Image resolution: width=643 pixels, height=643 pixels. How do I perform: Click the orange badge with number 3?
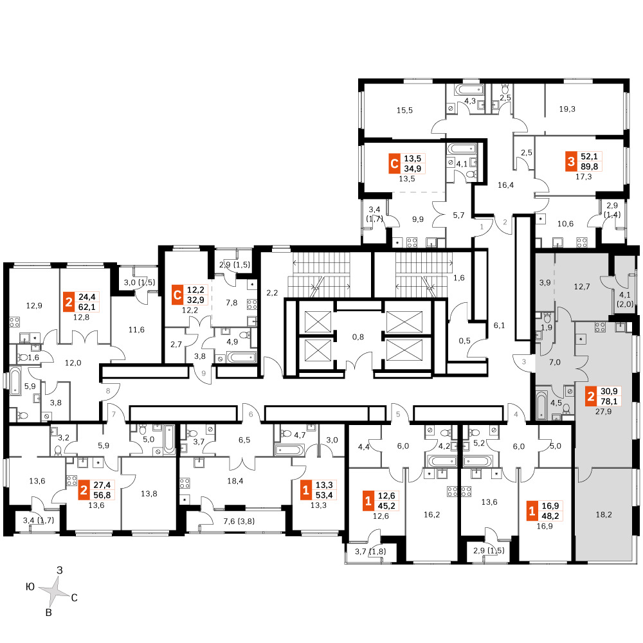571,161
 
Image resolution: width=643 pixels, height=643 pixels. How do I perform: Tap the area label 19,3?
567,109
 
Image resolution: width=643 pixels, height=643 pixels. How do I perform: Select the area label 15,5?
404,111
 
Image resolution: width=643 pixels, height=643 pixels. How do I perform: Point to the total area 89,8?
589,167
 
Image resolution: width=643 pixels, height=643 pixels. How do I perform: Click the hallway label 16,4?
505,185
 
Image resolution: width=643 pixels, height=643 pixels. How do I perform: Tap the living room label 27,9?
603,412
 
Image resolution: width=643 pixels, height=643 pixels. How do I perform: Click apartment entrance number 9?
203,374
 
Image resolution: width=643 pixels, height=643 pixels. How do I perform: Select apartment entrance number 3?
524,362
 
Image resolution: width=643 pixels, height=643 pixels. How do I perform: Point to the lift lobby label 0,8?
358,337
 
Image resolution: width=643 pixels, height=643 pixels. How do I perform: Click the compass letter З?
60,570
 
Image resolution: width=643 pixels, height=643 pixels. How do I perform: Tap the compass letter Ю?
30,587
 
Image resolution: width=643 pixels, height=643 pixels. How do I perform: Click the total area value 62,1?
87,307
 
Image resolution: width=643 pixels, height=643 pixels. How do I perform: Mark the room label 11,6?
136,330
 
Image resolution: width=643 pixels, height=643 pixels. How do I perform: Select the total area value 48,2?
550,516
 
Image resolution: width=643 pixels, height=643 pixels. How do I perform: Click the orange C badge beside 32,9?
177,295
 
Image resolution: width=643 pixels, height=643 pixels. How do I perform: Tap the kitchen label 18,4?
235,481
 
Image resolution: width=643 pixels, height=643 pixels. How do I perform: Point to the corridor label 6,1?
499,325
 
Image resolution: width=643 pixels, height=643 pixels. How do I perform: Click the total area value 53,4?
324,495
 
